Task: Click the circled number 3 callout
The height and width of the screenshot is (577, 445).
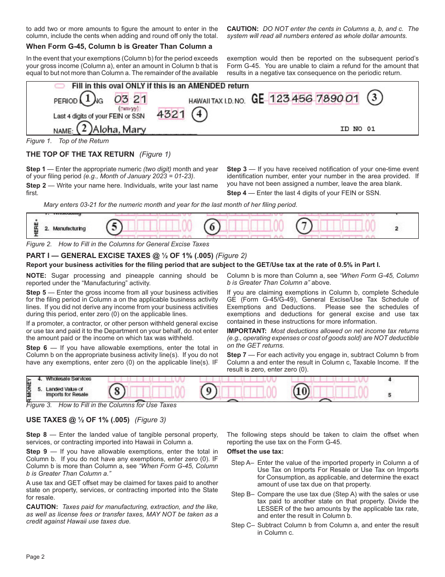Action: pyautogui.click(x=375, y=98)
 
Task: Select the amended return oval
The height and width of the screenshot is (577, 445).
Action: pyautogui.click(x=59, y=86)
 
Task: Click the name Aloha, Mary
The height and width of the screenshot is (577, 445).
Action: pyautogui.click(x=119, y=129)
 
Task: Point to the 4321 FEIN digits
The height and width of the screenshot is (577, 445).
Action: pyautogui.click(x=171, y=114)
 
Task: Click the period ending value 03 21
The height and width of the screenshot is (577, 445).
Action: pyautogui.click(x=130, y=99)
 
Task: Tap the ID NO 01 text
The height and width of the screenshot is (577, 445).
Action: pyautogui.click(x=357, y=129)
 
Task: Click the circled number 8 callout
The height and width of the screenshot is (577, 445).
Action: pyautogui.click(x=117, y=391)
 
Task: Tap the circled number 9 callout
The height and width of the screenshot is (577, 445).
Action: pyautogui.click(x=209, y=391)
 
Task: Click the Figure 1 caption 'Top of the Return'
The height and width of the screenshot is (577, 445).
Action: pyautogui.click(x=67, y=141)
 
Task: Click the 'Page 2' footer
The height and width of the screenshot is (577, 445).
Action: pyautogui.click(x=35, y=557)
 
